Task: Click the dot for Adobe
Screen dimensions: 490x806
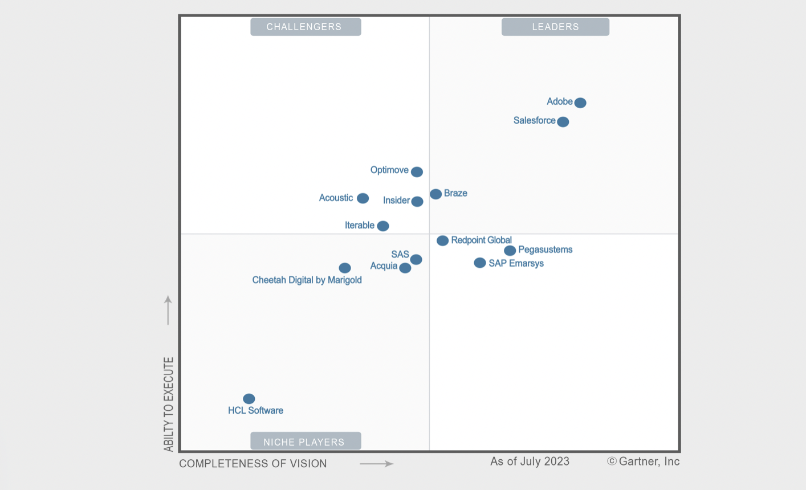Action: tap(580, 103)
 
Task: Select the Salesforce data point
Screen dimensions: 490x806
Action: tap(563, 122)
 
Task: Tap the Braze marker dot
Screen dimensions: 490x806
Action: tap(435, 194)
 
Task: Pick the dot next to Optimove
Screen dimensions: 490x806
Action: tap(417, 172)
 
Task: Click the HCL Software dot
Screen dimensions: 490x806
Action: tap(249, 399)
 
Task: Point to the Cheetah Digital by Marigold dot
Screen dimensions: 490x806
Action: tap(345, 268)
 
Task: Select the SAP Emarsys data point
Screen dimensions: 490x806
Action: tap(480, 263)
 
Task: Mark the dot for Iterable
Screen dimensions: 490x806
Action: tap(383, 226)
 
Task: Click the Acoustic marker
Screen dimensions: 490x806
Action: tap(363, 198)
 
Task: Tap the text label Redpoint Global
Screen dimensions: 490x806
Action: tap(481, 240)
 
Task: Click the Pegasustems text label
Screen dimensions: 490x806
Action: tap(545, 250)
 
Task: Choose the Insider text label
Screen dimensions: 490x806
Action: tap(396, 201)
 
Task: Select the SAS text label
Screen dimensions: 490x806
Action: tap(400, 254)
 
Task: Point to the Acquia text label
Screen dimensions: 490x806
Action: tap(384, 266)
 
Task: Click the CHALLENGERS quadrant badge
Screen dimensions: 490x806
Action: tap(305, 27)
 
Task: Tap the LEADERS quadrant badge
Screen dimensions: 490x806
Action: tap(555, 27)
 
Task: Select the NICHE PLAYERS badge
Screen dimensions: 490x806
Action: tap(305, 442)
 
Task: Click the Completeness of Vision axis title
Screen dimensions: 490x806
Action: tap(253, 464)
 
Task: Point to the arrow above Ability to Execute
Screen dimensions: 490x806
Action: tap(168, 310)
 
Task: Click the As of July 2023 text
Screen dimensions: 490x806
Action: tap(530, 462)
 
